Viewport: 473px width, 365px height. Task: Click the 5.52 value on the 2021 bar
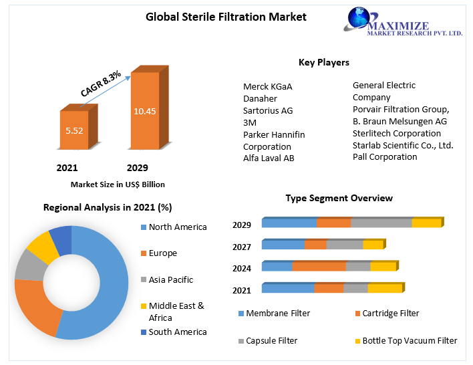click(74, 130)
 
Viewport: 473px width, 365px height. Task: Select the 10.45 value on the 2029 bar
click(145, 111)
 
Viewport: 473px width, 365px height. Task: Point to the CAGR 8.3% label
click(100, 86)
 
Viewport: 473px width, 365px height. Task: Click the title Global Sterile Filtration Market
click(226, 17)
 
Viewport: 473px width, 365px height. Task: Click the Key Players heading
click(323, 62)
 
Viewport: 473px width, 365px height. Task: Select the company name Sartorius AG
click(268, 110)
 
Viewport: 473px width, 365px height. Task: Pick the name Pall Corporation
click(385, 156)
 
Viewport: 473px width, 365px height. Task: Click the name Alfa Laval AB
click(269, 158)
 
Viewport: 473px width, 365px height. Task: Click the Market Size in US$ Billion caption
click(118, 184)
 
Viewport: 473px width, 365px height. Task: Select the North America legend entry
click(177, 227)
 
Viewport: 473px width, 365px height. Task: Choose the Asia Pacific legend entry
click(170, 279)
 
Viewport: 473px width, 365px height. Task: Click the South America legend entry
click(177, 332)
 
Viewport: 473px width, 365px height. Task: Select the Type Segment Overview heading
click(339, 198)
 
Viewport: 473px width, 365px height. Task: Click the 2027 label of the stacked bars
click(242, 247)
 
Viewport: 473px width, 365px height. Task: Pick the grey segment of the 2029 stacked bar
click(381, 223)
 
